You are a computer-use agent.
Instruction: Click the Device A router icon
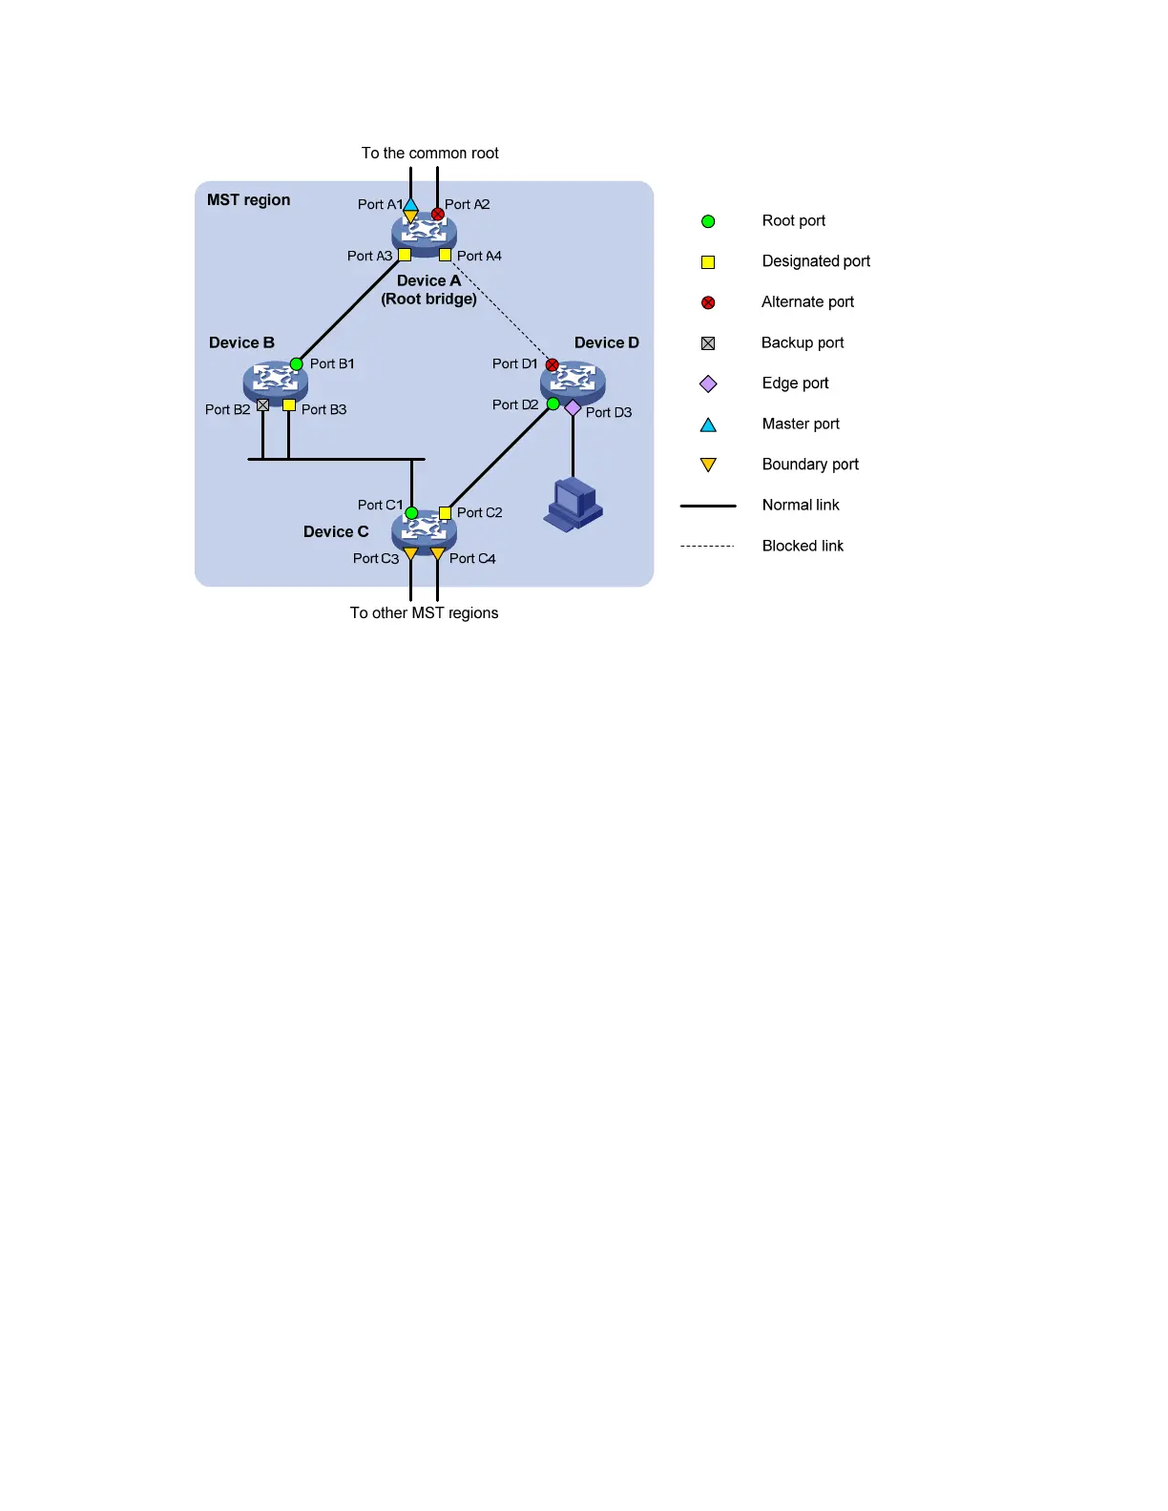[424, 233]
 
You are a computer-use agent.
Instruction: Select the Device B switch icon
[275, 382]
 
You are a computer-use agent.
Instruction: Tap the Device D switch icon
[573, 382]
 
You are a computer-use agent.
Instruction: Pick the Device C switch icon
[424, 529]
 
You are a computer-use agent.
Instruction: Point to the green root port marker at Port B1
[297, 363]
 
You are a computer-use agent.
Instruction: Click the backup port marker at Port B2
[262, 405]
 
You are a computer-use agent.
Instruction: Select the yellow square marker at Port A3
[405, 255]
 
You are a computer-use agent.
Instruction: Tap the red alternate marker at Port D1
[552, 364]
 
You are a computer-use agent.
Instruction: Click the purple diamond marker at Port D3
[573, 408]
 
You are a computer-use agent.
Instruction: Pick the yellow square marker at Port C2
[445, 512]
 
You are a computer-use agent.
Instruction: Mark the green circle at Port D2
[553, 404]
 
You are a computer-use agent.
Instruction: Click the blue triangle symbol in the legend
[708, 424]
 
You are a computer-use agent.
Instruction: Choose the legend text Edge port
[795, 383]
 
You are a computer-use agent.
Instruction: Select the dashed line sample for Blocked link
[707, 546]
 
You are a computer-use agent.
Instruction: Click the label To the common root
[429, 154]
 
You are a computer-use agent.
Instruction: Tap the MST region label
[248, 200]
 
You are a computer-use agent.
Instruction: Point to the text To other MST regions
[424, 613]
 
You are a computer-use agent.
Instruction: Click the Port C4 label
[472, 559]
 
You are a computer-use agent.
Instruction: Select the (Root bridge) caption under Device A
[428, 300]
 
